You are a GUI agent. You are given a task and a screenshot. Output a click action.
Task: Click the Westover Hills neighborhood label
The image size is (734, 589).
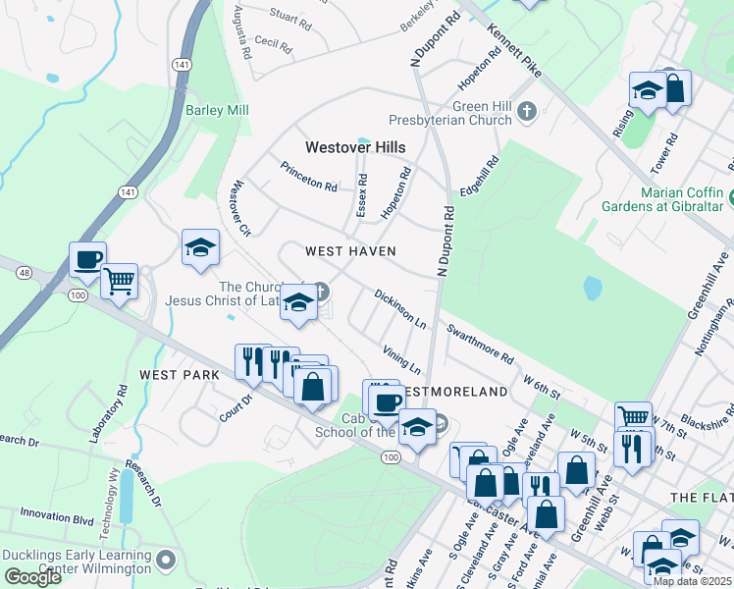point(354,147)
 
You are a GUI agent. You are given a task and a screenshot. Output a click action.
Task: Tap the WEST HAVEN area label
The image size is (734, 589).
point(350,251)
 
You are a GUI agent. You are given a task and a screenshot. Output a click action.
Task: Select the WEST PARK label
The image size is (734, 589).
point(173,375)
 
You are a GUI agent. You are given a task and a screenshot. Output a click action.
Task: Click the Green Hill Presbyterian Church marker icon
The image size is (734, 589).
point(527,110)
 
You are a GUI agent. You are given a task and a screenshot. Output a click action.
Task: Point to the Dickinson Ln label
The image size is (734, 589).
point(399,307)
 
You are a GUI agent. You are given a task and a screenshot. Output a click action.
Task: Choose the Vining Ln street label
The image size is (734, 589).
point(401,359)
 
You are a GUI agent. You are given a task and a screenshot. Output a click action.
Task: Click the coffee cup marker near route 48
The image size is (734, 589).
point(87,260)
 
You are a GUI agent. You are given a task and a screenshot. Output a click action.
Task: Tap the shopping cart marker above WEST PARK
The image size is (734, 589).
point(120,281)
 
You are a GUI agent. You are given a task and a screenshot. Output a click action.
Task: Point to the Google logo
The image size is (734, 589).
point(32,577)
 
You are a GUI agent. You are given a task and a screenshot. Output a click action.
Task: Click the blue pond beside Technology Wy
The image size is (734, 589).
point(126,502)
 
